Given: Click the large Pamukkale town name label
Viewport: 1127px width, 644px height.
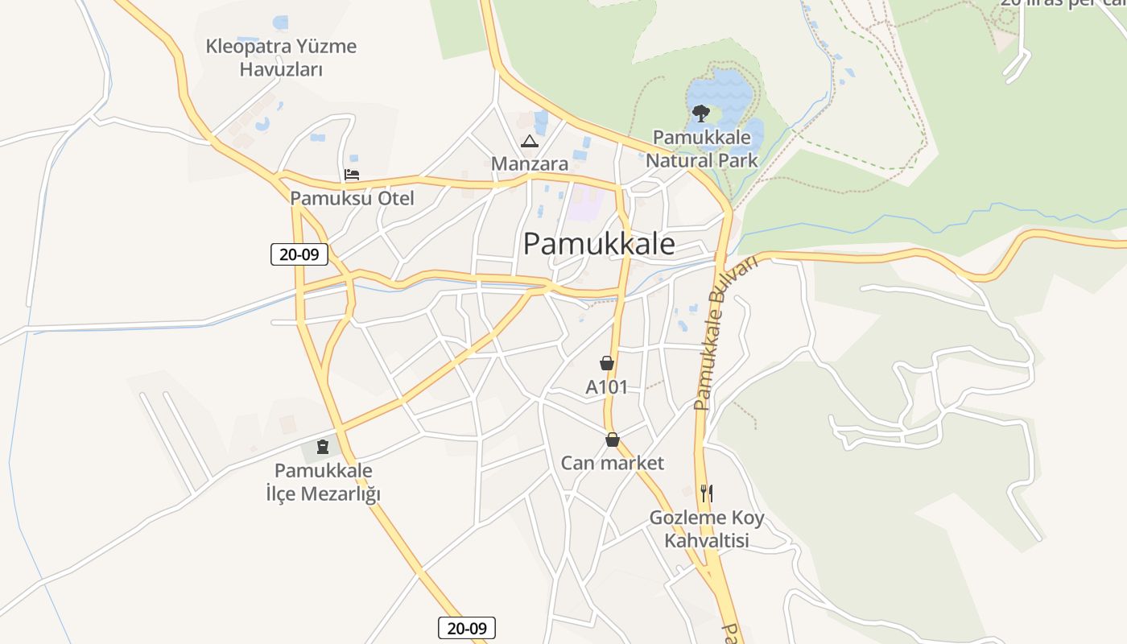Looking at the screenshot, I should pyautogui.click(x=599, y=244).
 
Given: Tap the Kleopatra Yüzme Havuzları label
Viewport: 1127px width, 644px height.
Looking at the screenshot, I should pyautogui.click(x=281, y=58).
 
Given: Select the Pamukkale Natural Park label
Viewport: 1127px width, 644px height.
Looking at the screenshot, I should pyautogui.click(x=702, y=149).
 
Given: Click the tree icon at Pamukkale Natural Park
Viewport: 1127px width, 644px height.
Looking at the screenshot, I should pyautogui.click(x=700, y=114).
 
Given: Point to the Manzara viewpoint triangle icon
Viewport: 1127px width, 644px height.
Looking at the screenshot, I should pyautogui.click(x=529, y=142).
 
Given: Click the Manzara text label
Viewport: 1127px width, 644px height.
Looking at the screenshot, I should pyautogui.click(x=530, y=164).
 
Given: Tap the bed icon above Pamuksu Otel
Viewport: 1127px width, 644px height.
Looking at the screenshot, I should pyautogui.click(x=352, y=175).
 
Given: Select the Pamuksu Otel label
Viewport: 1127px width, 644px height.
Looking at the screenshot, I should pyautogui.click(x=352, y=198).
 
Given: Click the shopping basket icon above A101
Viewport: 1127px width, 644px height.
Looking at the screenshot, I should pyautogui.click(x=607, y=364).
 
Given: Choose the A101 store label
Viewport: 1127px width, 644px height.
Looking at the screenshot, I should pyautogui.click(x=606, y=387).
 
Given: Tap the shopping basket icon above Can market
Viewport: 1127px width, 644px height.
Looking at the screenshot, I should pyautogui.click(x=613, y=440).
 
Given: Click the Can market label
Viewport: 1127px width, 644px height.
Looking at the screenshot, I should pyautogui.click(x=613, y=463).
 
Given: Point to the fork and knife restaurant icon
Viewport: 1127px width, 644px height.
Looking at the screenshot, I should pyautogui.click(x=706, y=493).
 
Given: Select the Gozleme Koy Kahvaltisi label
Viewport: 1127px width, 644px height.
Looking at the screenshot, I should pyautogui.click(x=707, y=529).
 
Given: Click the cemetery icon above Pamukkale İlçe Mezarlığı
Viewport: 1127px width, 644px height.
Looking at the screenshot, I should pyautogui.click(x=323, y=447).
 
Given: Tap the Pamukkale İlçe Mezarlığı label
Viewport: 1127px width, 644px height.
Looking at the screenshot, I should pyautogui.click(x=323, y=482).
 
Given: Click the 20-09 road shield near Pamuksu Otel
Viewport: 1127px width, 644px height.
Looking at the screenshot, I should pyautogui.click(x=299, y=255).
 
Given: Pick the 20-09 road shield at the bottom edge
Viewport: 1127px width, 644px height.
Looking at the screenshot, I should pyautogui.click(x=467, y=628).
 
